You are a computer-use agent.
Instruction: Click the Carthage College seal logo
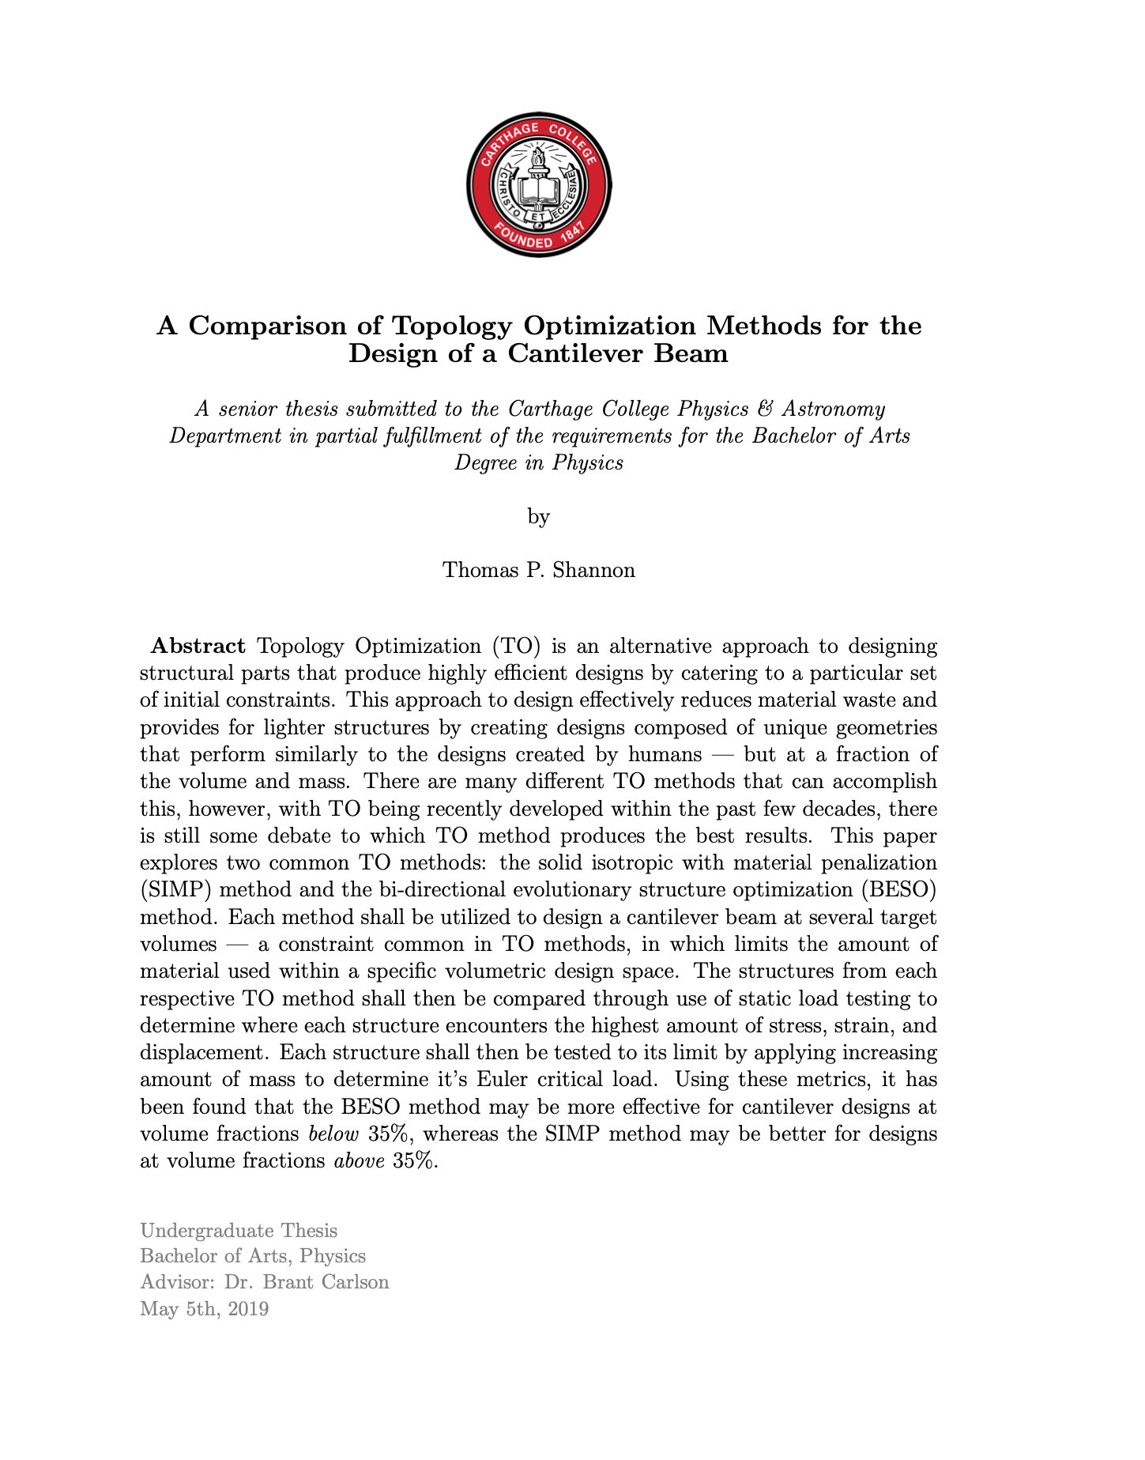point(539,185)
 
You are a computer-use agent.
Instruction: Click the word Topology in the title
point(453,326)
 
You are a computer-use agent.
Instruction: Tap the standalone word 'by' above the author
point(539,517)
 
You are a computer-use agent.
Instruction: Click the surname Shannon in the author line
point(593,570)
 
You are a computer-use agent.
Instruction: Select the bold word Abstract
point(198,647)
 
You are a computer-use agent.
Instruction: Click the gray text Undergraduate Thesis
point(239,1231)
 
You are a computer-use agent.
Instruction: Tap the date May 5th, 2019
point(204,1309)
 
